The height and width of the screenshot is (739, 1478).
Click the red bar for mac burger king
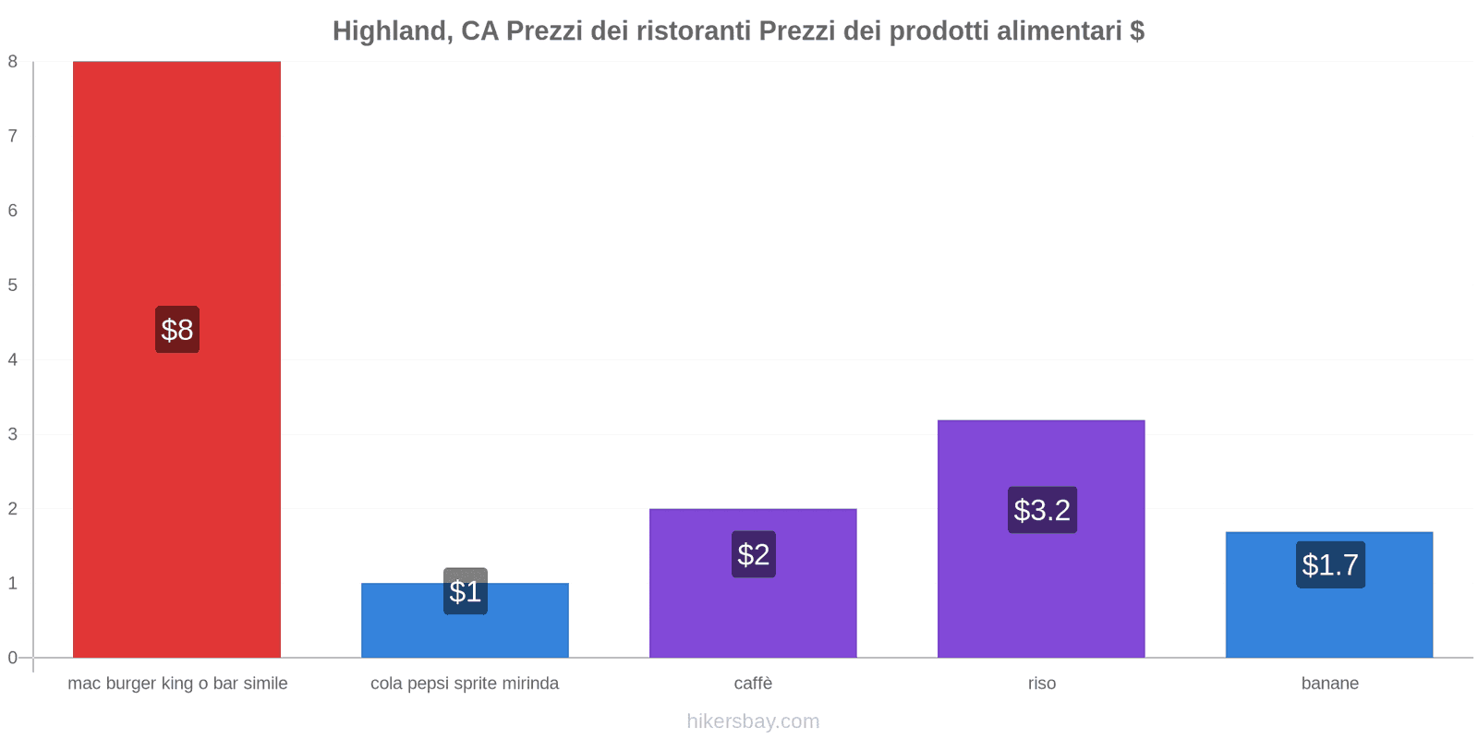click(176, 185)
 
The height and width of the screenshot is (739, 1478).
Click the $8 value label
click(177, 330)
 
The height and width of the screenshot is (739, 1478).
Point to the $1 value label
click(466, 591)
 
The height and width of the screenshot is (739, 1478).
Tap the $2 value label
click(754, 554)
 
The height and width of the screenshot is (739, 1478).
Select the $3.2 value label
click(1042, 510)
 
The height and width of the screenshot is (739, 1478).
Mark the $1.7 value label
click(1330, 564)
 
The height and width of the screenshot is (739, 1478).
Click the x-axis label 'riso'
click(1042, 684)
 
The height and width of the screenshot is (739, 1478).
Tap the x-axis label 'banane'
click(1330, 684)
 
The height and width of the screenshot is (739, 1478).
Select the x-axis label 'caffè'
click(753, 684)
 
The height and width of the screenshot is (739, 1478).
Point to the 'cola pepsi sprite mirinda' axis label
click(465, 684)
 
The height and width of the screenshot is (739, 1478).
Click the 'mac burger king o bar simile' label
click(177, 684)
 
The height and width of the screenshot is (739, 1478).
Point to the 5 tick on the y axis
click(13, 285)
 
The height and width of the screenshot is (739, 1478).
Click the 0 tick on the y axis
click(13, 658)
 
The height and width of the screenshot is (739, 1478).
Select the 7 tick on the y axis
click(13, 137)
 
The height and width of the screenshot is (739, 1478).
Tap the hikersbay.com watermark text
click(753, 721)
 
